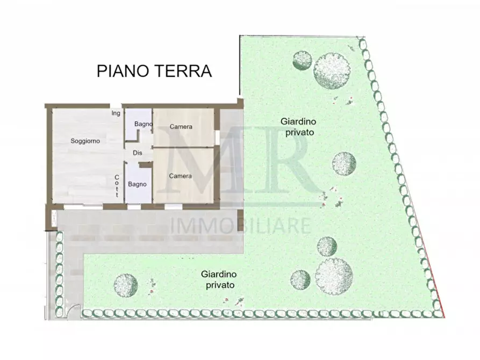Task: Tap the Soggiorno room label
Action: click(85, 141)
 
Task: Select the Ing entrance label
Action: click(116, 113)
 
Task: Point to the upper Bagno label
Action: click(144, 125)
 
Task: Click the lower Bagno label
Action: click(137, 184)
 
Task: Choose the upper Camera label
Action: click(181, 127)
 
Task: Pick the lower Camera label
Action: click(181, 176)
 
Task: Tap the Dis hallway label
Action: click(138, 153)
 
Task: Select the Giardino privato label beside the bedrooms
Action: click(297, 126)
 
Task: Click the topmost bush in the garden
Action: click(331, 70)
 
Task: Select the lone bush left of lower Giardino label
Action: click(125, 284)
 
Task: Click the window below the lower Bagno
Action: click(134, 206)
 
